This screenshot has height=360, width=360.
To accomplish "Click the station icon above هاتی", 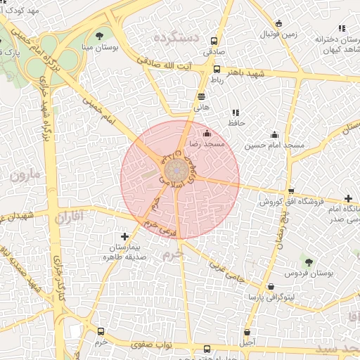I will tap(202, 97).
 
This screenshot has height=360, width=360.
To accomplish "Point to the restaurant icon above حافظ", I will tap(235, 112).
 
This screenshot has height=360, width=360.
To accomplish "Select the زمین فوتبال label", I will tap(280, 34).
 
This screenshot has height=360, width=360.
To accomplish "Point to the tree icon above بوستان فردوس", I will tap(309, 262).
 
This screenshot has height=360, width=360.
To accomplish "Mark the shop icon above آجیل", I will tap(247, 332).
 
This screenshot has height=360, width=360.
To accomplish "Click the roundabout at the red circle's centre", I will tap(174, 171).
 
